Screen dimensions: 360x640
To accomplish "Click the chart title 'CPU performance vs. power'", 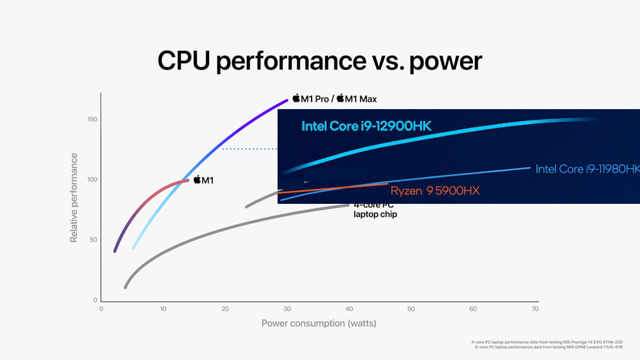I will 319,61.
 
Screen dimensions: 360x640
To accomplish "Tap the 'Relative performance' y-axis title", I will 74,197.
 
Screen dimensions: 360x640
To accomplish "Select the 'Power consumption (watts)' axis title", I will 319,323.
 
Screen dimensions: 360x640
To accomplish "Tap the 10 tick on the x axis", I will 163,309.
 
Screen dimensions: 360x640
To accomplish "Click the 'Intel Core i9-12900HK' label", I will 366,126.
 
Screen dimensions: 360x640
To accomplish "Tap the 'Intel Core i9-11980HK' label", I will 587,169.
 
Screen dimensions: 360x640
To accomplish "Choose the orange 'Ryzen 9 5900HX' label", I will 435,191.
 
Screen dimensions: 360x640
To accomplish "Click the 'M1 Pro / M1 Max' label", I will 334,99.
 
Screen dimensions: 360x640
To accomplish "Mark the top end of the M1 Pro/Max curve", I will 287,101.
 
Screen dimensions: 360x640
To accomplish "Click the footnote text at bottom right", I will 547,344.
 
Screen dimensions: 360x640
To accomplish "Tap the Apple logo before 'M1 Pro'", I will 296,98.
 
